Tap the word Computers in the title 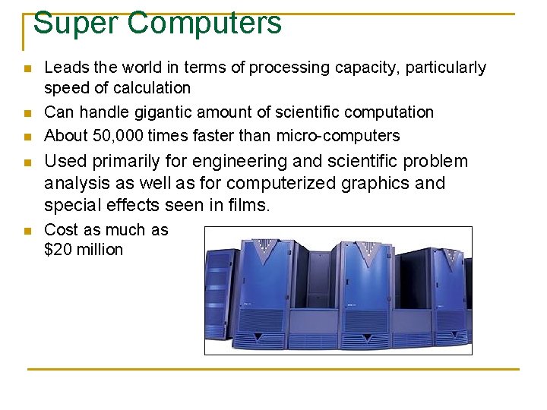coord(205,23)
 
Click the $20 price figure coord(59,250)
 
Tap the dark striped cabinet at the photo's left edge coord(220,289)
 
